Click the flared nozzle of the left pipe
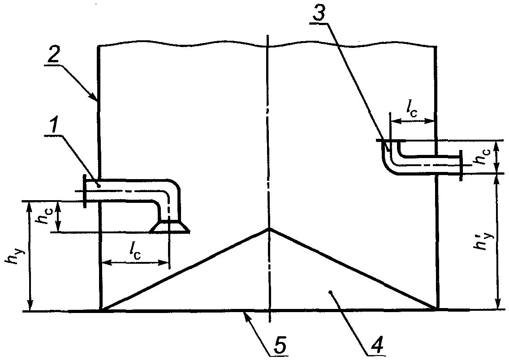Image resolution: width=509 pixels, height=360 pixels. pos(169,227)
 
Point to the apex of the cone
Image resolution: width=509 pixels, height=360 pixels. pos(269,229)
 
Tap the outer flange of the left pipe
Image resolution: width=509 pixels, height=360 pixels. pos(84,191)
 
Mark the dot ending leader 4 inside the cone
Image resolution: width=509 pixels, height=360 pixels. pos(331,292)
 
